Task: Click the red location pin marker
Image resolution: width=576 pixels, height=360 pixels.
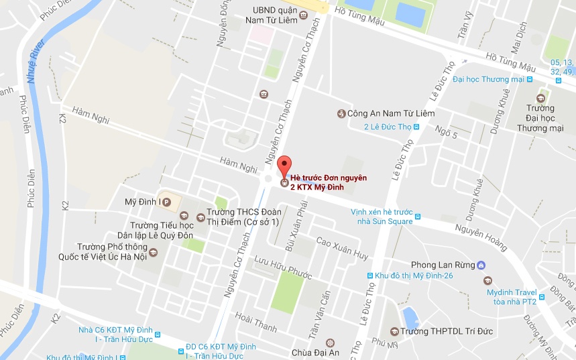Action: [x=284, y=166]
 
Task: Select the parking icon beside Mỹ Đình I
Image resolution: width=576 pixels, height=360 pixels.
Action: [x=167, y=201]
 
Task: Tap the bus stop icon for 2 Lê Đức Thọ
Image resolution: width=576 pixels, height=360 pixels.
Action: [x=416, y=127]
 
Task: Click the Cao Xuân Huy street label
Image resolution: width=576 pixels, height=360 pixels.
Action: [x=342, y=248]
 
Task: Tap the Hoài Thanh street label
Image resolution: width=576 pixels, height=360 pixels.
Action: [x=256, y=322]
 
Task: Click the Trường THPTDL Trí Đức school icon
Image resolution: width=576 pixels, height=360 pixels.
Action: [x=394, y=331]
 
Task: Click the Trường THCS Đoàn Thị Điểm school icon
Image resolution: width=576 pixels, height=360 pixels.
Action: [x=200, y=217]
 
